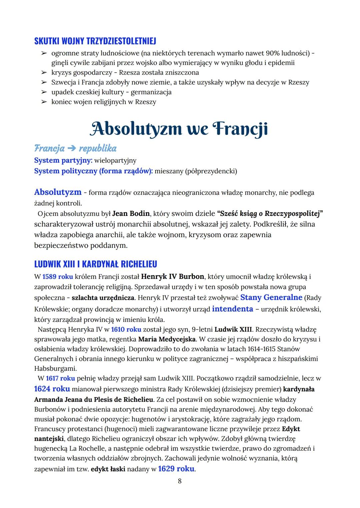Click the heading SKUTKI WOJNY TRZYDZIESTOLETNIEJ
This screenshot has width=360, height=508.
click(x=95, y=41)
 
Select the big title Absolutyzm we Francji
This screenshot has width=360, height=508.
click(x=179, y=129)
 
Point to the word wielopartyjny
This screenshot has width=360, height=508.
click(x=115, y=161)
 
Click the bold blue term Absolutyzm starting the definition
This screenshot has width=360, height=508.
click(x=58, y=192)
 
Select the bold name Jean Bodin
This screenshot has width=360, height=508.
click(x=130, y=213)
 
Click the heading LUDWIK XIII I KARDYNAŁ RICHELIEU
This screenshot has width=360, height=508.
click(x=95, y=264)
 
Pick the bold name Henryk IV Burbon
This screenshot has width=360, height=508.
click(x=173, y=276)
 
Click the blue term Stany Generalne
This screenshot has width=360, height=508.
click(x=271, y=297)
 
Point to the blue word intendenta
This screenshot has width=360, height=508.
click(x=232, y=309)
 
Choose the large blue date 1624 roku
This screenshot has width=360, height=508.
click(x=52, y=389)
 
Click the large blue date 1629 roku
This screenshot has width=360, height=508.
click(x=176, y=469)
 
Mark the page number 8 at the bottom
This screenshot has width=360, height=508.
click(x=180, y=481)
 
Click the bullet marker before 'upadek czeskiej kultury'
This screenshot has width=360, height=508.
click(x=44, y=92)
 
